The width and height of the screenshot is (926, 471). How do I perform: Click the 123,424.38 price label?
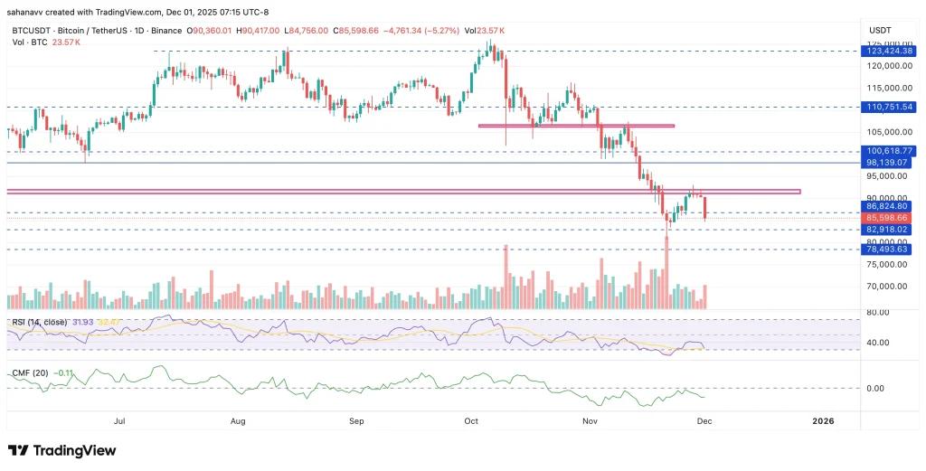892,52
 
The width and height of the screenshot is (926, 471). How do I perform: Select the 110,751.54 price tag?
892,107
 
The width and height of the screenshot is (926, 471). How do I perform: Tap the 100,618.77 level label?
892,151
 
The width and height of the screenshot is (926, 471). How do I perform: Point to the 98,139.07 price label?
892,163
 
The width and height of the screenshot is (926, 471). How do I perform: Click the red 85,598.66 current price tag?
892,218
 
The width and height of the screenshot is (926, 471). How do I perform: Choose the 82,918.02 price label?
892,230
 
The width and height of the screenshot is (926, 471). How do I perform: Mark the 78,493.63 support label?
892,250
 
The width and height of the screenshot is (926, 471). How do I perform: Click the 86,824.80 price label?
892,207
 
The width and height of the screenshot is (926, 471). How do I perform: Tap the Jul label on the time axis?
118,421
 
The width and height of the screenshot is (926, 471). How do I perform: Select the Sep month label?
356,421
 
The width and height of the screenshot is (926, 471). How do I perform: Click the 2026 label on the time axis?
823,421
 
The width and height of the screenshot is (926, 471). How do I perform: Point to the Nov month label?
591,421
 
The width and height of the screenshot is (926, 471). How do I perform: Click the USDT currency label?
879,31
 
